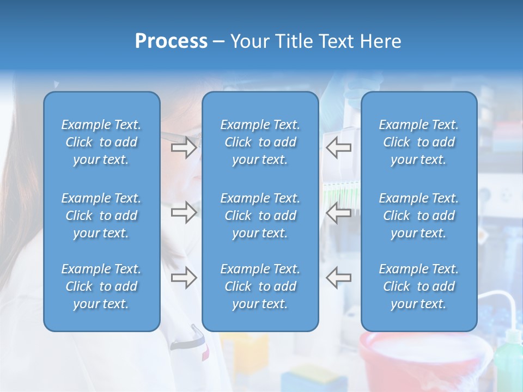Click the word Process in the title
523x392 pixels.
click(171, 41)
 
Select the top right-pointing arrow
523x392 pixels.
click(184, 147)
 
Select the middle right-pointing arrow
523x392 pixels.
click(184, 212)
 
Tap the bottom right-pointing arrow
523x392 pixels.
click(184, 278)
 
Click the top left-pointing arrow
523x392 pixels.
click(338, 147)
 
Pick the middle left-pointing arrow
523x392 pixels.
click(338, 212)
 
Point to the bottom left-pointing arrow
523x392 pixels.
click(338, 278)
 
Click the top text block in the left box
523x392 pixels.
click(101, 142)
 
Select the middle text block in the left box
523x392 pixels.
click(101, 216)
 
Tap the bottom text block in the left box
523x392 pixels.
click(101, 286)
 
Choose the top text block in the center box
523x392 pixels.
click(260, 142)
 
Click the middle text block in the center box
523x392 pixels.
click(260, 216)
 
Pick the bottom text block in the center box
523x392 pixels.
click(260, 286)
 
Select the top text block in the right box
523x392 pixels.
click(418, 142)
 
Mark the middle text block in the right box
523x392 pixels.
click(418, 216)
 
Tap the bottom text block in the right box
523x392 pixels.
click(418, 286)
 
